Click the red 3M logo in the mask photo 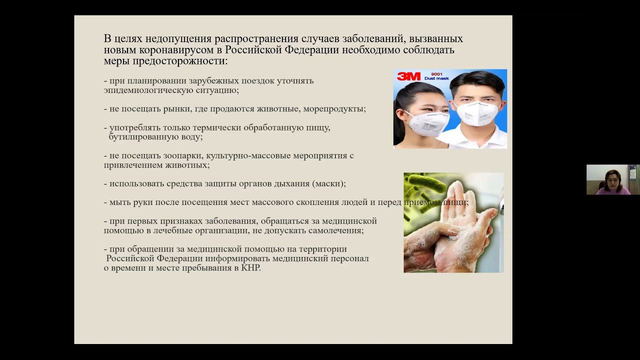coord(408,76)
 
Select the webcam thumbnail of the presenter coord(612,179)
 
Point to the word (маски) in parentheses coord(328,183)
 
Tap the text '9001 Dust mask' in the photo coord(436,76)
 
